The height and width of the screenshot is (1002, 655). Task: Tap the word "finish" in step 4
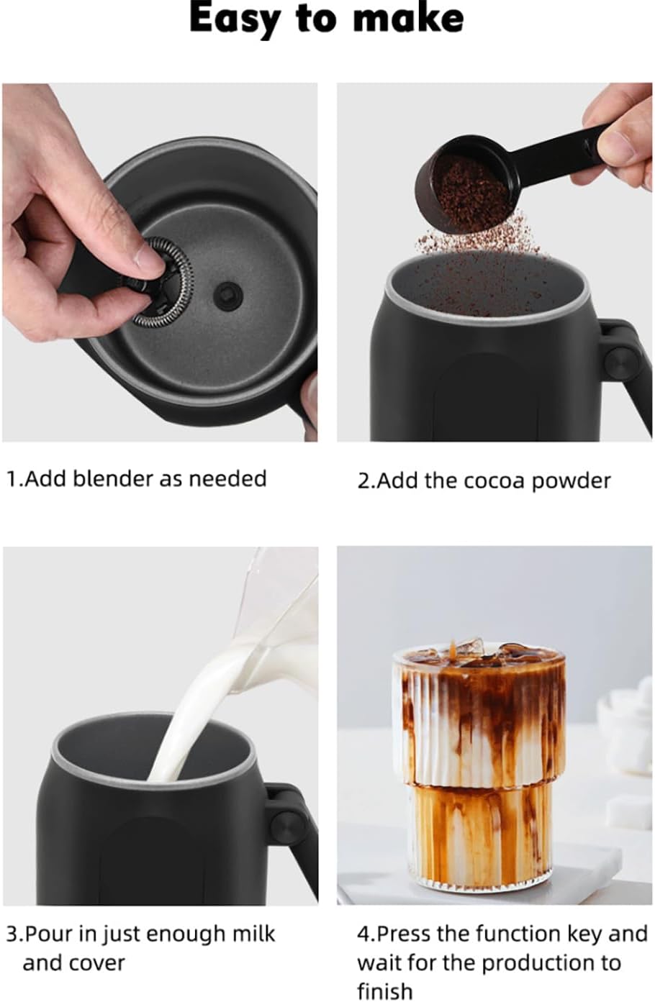385,991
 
